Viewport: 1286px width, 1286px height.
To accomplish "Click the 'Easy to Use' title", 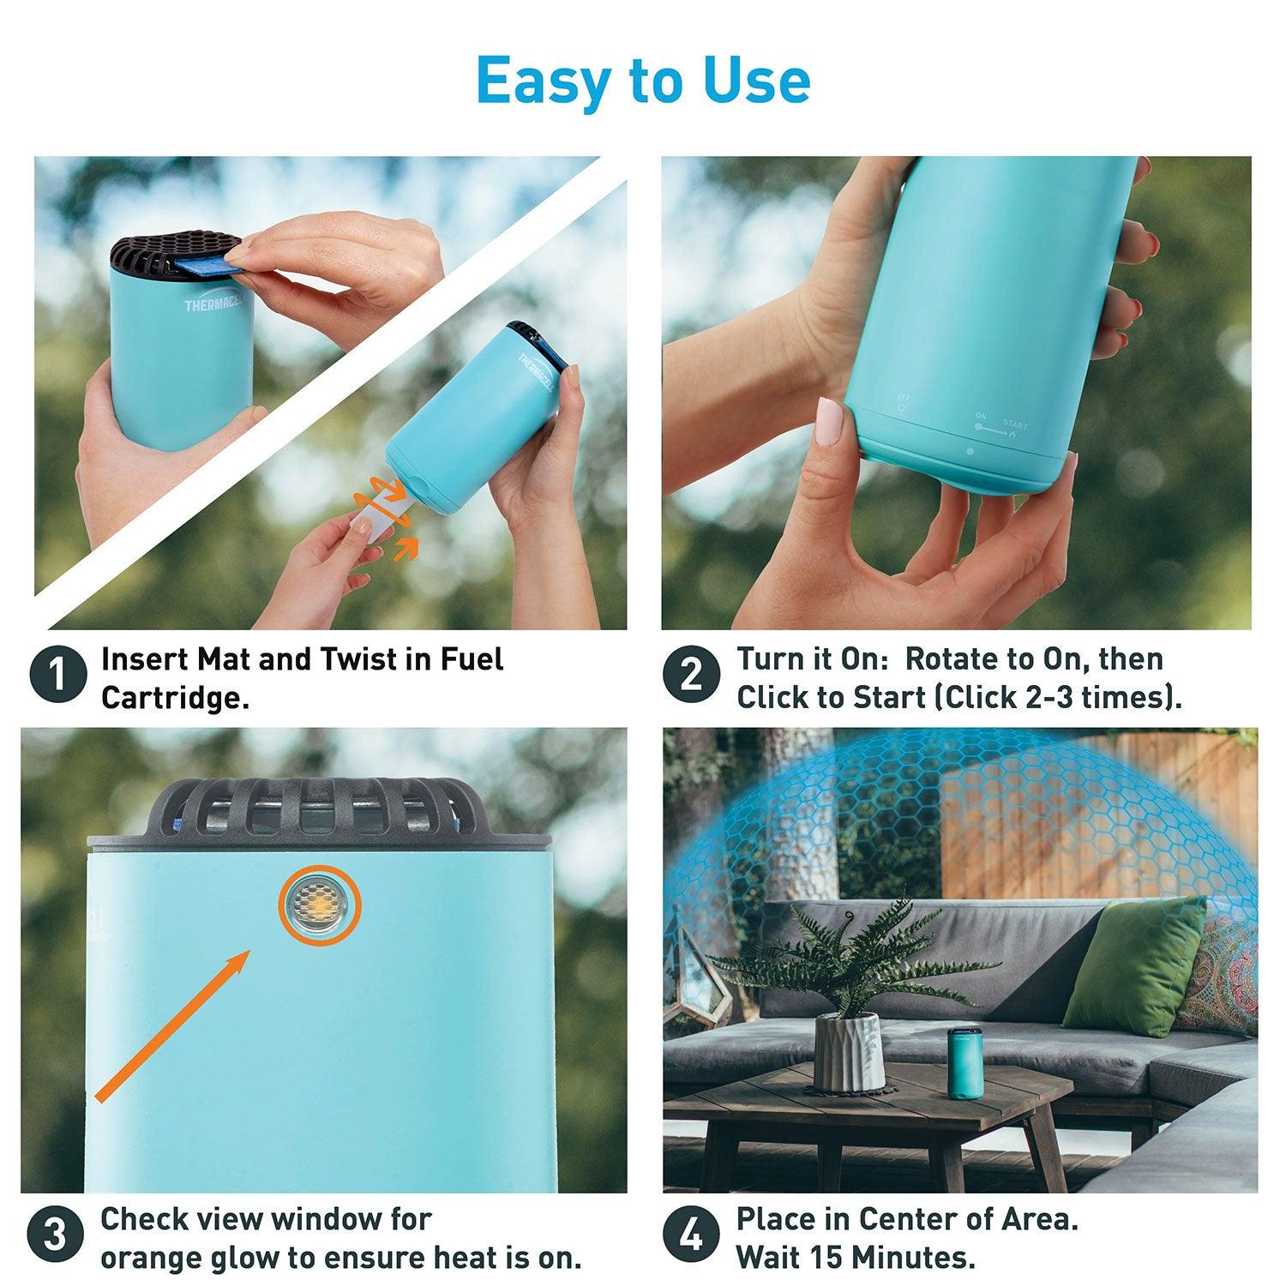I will (643, 81).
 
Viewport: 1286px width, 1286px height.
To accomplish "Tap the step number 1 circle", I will (58, 676).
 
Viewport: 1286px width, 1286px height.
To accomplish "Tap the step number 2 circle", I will (690, 676).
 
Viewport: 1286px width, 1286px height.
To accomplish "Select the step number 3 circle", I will (54, 1235).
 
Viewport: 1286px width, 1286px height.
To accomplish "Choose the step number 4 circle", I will (690, 1235).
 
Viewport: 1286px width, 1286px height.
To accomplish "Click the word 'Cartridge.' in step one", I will (175, 698).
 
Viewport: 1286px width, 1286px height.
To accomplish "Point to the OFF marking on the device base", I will (901, 400).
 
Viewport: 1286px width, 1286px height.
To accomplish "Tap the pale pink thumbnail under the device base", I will (829, 421).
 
